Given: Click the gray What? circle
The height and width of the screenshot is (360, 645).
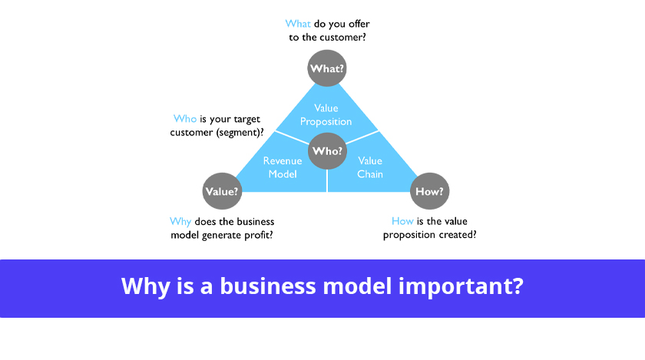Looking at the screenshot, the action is [x=327, y=68].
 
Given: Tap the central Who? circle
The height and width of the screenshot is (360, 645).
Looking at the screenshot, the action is [x=327, y=150].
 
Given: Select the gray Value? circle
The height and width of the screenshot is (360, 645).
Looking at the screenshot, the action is [x=222, y=191].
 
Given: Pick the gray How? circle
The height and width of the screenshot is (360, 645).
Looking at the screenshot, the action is [x=429, y=191].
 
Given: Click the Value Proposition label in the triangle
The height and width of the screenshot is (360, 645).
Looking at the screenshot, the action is [x=326, y=115].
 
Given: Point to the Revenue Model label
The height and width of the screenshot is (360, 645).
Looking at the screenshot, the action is [x=283, y=167].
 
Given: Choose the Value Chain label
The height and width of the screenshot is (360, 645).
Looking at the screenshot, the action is [x=370, y=167].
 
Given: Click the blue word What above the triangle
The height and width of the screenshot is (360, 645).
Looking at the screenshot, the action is [x=298, y=24].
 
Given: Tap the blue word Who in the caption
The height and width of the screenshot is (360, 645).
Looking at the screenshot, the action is [x=185, y=119].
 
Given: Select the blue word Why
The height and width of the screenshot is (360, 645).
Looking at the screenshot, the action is [x=180, y=222].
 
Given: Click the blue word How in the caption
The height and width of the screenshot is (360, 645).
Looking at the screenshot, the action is [x=402, y=221].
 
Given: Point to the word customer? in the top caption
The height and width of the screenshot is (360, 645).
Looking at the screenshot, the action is [x=342, y=38].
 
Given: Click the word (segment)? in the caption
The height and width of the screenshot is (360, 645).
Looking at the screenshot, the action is [x=240, y=133].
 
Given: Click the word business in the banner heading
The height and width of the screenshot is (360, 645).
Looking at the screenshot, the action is [x=268, y=286].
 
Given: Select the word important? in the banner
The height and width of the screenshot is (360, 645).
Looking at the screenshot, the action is [x=461, y=287].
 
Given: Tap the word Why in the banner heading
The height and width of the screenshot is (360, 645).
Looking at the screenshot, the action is [x=146, y=287].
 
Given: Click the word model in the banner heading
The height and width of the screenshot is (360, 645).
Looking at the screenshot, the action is [x=357, y=286].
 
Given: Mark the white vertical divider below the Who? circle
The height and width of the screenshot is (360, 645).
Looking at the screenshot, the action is [x=327, y=180].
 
